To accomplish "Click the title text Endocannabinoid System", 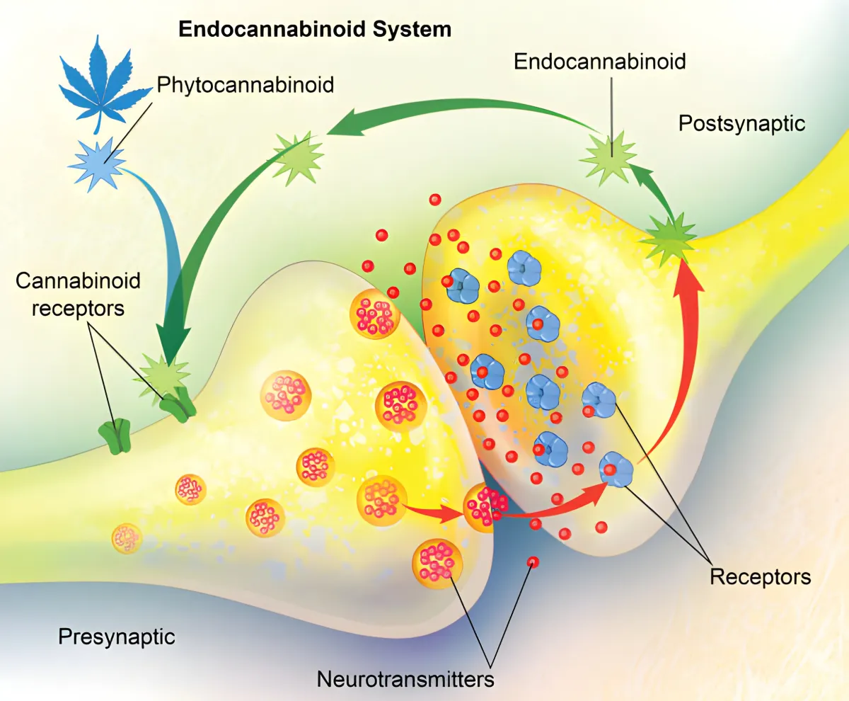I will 314,29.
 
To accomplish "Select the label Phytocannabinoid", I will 246,85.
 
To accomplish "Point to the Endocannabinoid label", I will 600,62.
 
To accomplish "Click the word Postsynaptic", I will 741,123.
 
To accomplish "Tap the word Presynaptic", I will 116,637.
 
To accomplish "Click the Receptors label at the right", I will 761,576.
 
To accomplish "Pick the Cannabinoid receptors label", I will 78,295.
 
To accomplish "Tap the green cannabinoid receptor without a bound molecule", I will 115,435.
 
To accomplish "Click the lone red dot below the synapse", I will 533,562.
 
